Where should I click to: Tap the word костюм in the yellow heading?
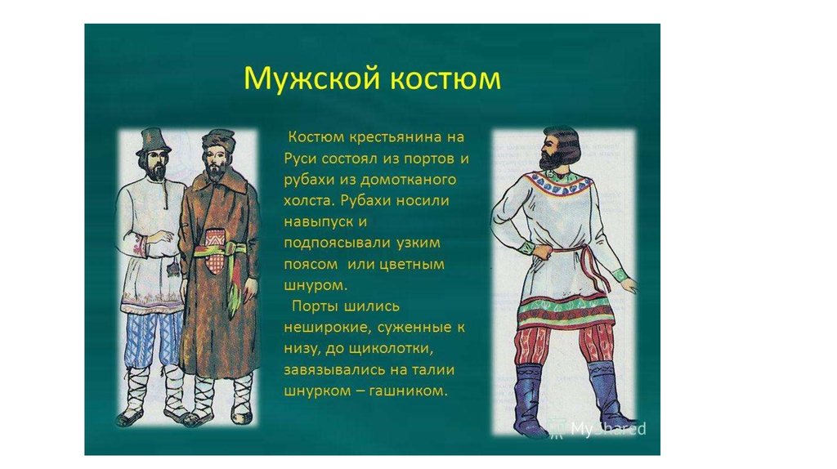pyautogui.click(x=445, y=79)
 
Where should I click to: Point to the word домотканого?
pyautogui.click(x=409, y=179)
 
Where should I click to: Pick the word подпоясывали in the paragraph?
pyautogui.click(x=336, y=243)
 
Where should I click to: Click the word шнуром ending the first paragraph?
pyautogui.click(x=316, y=285)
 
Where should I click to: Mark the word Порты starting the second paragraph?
pyautogui.click(x=314, y=306)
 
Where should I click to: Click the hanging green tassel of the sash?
pyautogui.click(x=233, y=296)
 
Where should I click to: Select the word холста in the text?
pyautogui.click(x=309, y=201)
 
